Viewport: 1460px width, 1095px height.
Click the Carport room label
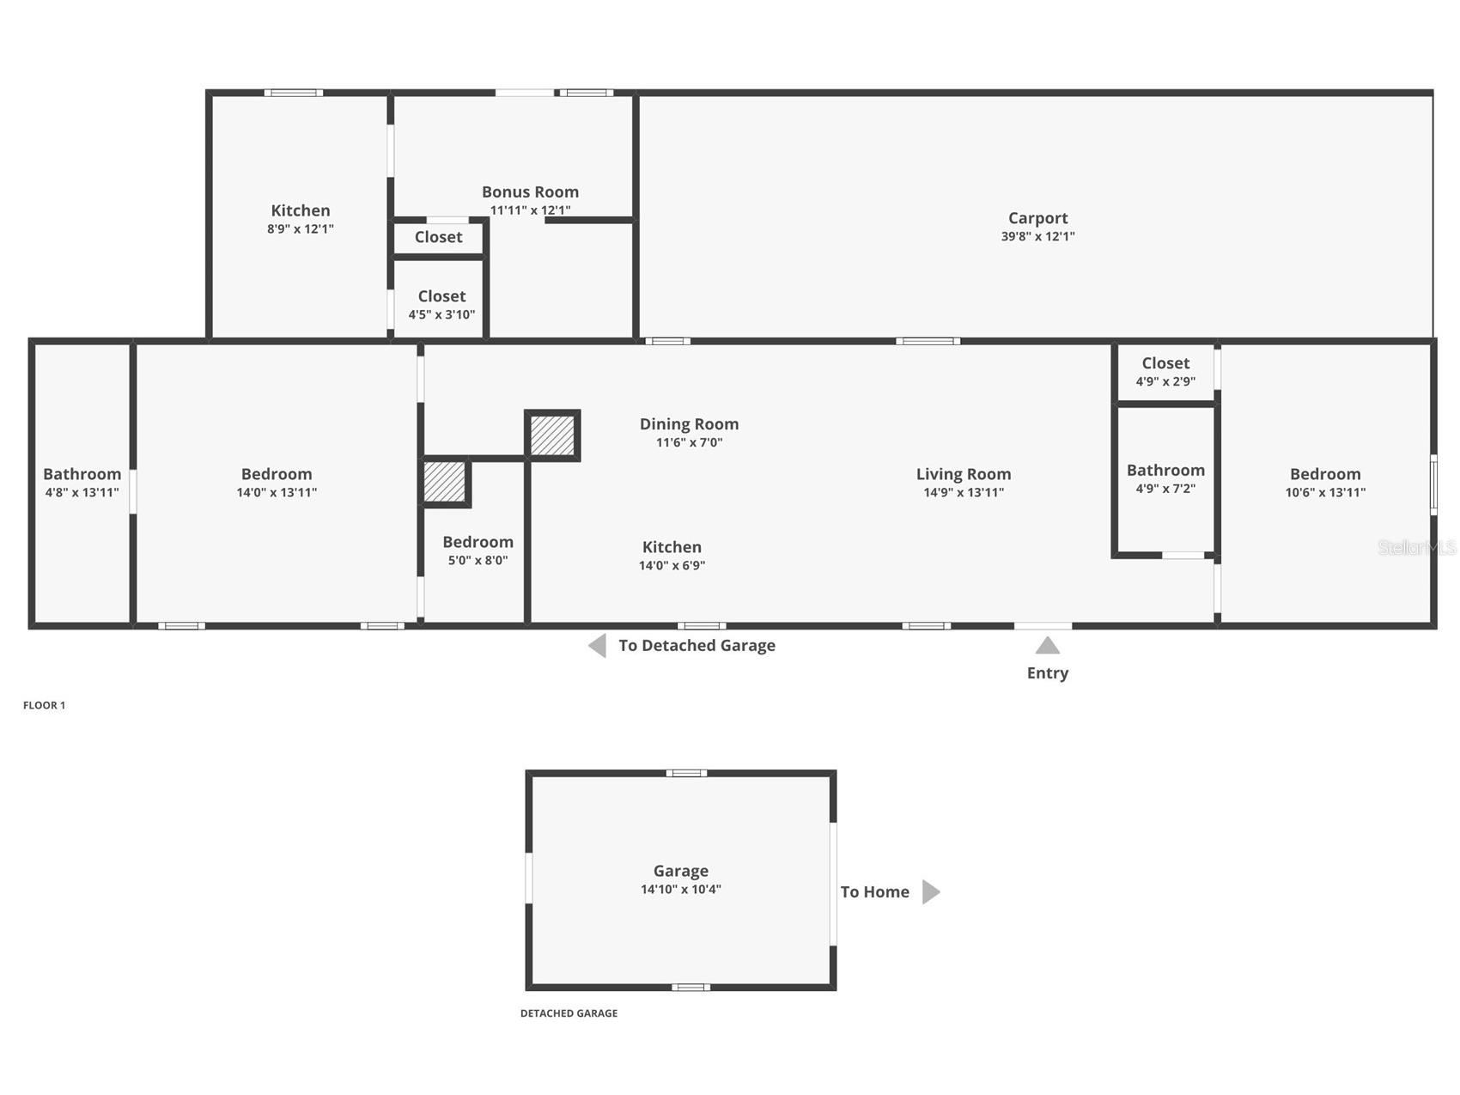(1037, 218)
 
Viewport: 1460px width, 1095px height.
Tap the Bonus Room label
(530, 192)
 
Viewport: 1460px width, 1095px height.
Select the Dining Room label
(689, 424)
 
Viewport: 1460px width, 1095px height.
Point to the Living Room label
(963, 474)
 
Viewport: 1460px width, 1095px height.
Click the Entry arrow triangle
(1047, 646)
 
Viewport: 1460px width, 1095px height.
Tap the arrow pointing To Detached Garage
(598, 646)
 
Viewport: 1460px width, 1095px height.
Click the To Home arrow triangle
(930, 892)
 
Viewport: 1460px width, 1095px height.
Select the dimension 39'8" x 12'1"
(1037, 236)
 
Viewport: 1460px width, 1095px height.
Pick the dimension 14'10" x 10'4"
(680, 890)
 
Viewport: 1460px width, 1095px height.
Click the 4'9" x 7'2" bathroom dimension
(1165, 489)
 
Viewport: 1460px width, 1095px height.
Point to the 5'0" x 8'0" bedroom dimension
(478, 561)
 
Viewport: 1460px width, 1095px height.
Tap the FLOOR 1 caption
(44, 706)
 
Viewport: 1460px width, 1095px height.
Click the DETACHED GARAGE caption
(569, 1013)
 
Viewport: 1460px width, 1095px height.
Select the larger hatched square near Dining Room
(552, 435)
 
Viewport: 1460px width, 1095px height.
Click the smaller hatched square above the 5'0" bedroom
(445, 482)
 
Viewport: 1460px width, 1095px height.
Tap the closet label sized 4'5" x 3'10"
(441, 296)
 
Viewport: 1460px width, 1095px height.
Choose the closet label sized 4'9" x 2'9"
(1165, 363)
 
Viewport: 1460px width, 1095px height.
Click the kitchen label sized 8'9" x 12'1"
(300, 210)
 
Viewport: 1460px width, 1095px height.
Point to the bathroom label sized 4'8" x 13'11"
(82, 474)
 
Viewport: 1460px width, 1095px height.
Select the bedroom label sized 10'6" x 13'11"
(1324, 474)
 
